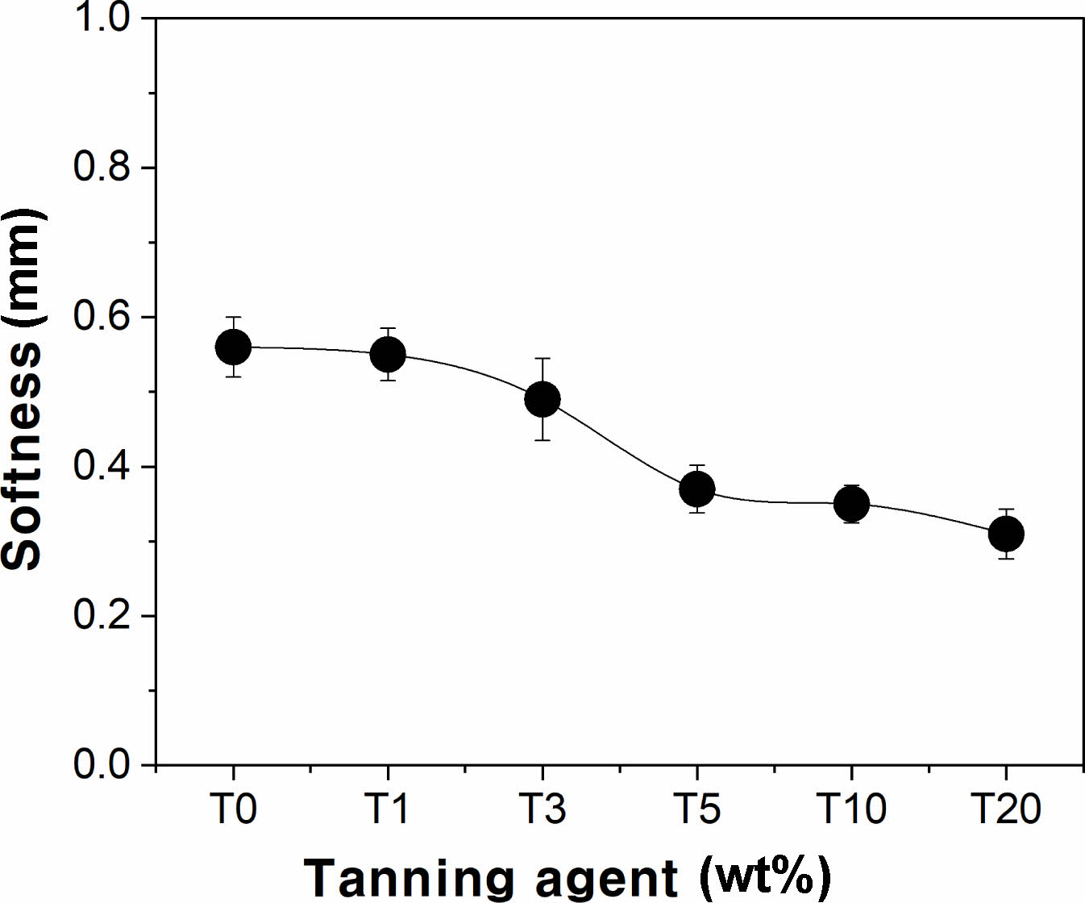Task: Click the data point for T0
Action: [233, 347]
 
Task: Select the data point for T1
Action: [388, 354]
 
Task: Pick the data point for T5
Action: [697, 489]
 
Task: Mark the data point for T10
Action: [852, 504]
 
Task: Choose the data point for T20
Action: [1006, 533]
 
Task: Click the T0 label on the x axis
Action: [233, 808]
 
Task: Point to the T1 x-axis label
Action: [388, 808]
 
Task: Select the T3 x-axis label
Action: [542, 808]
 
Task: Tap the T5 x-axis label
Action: [697, 808]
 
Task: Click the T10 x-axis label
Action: [852, 808]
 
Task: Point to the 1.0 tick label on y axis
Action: [102, 18]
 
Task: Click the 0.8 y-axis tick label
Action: [102, 167]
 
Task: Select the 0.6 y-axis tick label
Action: [102, 317]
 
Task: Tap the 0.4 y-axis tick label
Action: [102, 467]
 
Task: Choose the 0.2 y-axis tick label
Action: [102, 616]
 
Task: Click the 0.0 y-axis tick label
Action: [102, 764]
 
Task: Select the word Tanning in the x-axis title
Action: [409, 878]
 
